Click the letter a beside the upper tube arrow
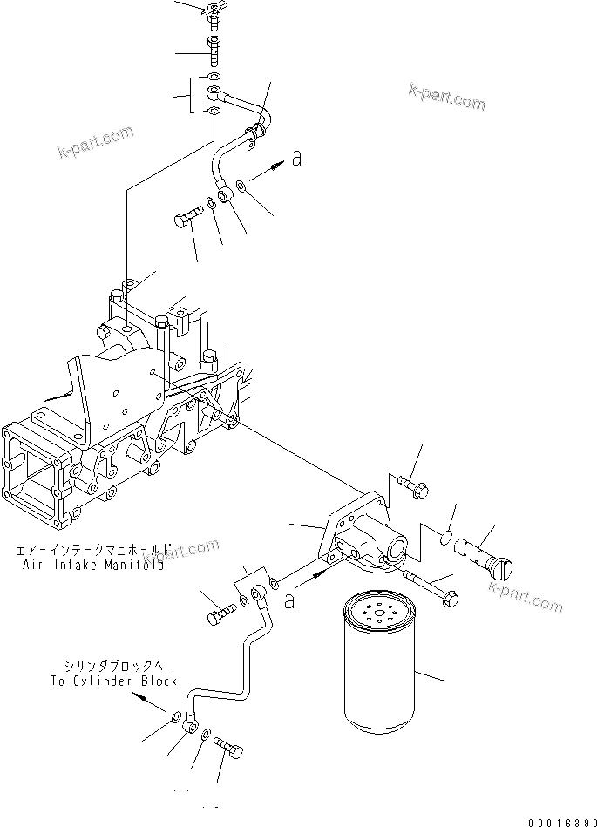pyautogui.click(x=297, y=158)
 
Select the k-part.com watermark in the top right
pyautogui.click(x=446, y=97)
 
